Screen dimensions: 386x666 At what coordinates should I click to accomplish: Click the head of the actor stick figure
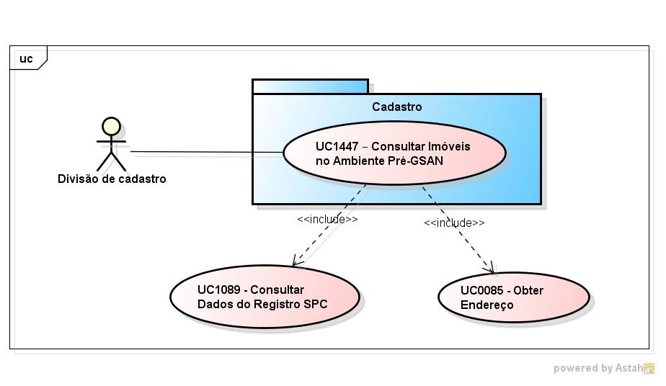110,127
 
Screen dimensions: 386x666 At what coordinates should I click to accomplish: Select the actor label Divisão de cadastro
112,179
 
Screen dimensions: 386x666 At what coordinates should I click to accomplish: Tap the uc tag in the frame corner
26,58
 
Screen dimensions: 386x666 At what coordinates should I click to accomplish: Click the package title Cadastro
396,107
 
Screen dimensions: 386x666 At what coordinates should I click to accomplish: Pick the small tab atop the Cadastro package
310,86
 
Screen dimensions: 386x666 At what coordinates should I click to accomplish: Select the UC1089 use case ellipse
264,297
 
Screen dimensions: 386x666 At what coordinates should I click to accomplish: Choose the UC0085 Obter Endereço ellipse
512,297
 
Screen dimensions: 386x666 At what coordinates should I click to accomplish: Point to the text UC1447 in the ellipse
336,146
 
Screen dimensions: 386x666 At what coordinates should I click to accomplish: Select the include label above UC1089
327,219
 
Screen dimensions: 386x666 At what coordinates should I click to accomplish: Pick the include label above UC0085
454,223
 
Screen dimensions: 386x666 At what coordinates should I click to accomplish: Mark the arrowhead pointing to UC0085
494,269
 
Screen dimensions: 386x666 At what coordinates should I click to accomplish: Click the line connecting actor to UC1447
205,153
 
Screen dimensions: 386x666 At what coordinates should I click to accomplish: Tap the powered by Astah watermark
604,368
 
